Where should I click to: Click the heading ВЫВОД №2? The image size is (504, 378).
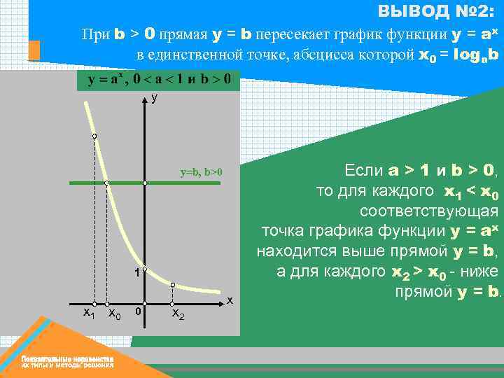(x=435, y=11)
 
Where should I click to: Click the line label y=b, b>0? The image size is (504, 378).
(x=201, y=171)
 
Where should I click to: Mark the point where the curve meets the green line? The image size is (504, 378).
(x=106, y=183)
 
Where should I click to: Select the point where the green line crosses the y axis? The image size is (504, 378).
(x=145, y=183)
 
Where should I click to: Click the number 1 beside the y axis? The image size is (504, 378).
(x=136, y=272)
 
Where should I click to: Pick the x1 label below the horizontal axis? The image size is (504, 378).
(x=89, y=313)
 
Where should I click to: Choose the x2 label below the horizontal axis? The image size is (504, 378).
(x=178, y=314)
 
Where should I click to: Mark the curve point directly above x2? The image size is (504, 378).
(x=172, y=286)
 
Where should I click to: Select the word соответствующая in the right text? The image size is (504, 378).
(x=428, y=211)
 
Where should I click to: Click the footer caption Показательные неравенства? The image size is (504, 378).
(x=67, y=358)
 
